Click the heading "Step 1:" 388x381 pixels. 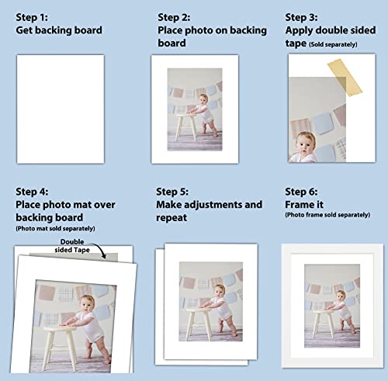tap(38, 16)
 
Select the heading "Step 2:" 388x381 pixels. tap(179, 16)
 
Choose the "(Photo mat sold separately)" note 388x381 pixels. tap(55, 228)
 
